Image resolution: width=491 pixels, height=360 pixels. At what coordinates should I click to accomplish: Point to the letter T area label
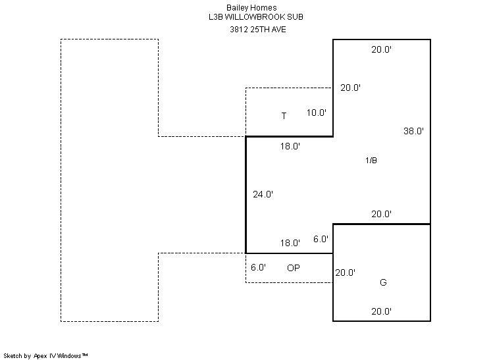284,116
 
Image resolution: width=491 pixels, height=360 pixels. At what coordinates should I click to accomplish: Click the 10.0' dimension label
317,113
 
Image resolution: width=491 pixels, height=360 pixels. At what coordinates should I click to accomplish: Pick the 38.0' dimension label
413,131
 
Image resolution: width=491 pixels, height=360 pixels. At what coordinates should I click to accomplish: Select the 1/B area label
371,161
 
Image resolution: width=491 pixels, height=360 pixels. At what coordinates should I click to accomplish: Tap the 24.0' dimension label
263,194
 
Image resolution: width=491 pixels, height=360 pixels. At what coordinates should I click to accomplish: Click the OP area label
294,268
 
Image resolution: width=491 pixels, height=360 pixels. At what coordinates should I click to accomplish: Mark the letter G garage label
383,282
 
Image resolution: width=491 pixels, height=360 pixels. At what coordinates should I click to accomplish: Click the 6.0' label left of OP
258,268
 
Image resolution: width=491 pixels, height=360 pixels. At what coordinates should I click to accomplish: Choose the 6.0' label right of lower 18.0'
321,240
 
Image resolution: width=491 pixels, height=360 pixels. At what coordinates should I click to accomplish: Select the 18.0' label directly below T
290,147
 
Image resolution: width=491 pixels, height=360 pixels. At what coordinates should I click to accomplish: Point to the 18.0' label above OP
290,243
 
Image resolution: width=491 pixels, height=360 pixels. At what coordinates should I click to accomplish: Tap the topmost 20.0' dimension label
382,49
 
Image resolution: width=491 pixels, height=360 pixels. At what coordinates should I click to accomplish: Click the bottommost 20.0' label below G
382,311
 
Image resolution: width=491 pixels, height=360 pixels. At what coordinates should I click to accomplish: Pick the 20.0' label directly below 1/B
382,214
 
